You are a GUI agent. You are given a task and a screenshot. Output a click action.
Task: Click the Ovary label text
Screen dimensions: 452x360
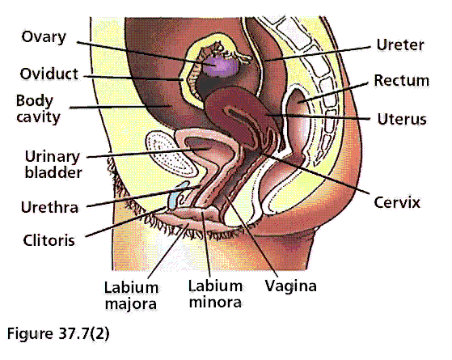[44, 37]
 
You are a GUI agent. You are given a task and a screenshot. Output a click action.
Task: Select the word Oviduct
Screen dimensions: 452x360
[49, 74]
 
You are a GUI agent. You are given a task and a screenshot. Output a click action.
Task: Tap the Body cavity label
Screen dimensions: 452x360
[38, 108]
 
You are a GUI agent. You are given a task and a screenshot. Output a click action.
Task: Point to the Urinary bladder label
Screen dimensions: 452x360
[53, 164]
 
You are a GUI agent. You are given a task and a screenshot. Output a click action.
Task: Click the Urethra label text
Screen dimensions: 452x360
[49, 207]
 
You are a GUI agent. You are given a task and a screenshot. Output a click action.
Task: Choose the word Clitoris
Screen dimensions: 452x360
[49, 240]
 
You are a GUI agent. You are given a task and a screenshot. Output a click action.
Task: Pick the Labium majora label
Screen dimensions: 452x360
[131, 295]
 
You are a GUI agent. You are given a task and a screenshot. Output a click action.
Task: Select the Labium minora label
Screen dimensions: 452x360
[215, 294]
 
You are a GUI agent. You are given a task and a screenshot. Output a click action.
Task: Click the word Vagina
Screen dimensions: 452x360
[290, 286]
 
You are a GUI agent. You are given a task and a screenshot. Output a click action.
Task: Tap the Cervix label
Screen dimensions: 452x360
[397, 202]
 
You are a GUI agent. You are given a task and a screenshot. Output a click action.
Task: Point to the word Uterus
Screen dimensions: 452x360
[402, 119]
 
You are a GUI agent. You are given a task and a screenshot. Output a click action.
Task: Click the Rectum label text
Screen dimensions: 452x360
[402, 80]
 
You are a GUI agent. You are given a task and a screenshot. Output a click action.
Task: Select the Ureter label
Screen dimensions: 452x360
[400, 45]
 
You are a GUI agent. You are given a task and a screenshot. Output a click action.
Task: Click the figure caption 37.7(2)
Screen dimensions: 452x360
[58, 334]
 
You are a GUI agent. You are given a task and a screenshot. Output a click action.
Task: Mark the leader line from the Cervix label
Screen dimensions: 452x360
[315, 173]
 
